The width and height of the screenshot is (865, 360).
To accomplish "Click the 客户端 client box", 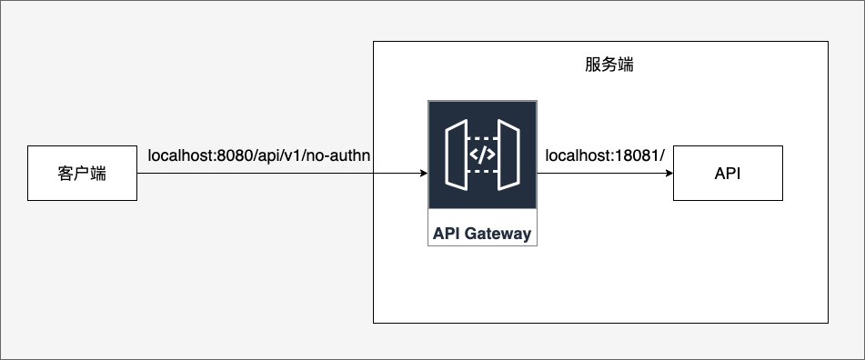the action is point(82,173).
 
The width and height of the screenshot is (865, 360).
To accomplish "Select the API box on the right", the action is point(728,173).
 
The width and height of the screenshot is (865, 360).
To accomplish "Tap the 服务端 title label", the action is point(609,65).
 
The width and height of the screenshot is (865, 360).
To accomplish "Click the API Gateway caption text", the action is point(482,234).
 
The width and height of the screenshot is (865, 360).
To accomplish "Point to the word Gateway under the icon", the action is point(498,234).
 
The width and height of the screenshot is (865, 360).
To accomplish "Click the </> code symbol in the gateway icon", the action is point(482,155).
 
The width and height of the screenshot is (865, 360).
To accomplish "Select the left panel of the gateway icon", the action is point(457,155).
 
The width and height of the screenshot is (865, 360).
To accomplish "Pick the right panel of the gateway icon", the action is point(508,155).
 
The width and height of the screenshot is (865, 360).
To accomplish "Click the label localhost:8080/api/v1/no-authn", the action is point(258,156).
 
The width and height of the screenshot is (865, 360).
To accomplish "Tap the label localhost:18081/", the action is point(605,156).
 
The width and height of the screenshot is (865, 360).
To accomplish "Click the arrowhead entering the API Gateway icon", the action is point(424,173).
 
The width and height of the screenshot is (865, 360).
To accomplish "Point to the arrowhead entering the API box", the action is point(669,173).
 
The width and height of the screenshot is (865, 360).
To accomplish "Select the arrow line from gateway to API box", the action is point(605,173).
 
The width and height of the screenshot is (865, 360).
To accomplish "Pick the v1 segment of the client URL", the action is point(292,156).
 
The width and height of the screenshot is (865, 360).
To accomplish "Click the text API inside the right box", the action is point(728,174).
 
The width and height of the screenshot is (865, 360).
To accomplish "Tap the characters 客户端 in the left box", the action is point(82,174).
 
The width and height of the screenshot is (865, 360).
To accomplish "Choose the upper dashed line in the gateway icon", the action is point(482,138).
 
